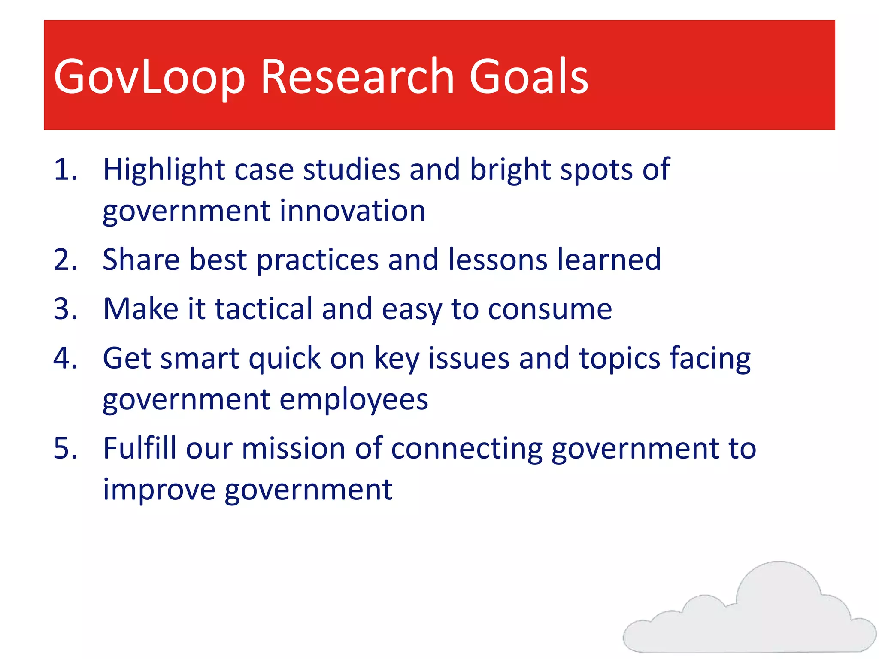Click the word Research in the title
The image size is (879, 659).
click(357, 76)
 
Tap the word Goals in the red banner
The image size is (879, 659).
click(528, 76)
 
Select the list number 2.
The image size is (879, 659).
click(65, 260)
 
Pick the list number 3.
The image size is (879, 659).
click(65, 309)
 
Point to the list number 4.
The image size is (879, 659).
click(65, 358)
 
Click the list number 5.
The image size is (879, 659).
click(65, 448)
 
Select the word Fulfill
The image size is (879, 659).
click(139, 448)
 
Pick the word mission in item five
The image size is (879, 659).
click(294, 448)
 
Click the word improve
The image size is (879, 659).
click(159, 490)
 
